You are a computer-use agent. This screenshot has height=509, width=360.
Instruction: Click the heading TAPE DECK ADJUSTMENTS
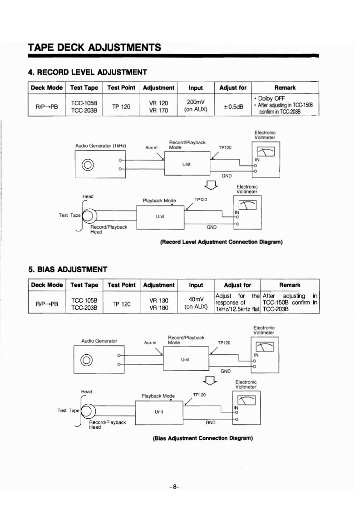[94, 47]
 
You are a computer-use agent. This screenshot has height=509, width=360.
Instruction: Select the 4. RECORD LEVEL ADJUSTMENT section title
[87, 72]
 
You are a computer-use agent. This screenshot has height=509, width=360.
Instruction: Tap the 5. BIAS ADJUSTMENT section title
[68, 270]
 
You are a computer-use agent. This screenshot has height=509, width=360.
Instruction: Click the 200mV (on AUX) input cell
[196, 106]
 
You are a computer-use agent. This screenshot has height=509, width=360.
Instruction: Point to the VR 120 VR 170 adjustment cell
[158, 106]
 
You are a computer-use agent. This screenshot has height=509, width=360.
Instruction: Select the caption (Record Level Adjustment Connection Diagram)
[221, 242]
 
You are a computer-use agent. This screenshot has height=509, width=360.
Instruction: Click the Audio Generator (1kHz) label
[100, 146]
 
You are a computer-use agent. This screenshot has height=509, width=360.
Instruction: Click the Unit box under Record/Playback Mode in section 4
[187, 164]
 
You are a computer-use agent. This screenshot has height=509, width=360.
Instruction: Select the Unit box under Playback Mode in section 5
[159, 412]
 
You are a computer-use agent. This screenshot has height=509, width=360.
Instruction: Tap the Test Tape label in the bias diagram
[68, 410]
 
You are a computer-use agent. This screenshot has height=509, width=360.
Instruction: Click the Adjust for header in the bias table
[237, 285]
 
